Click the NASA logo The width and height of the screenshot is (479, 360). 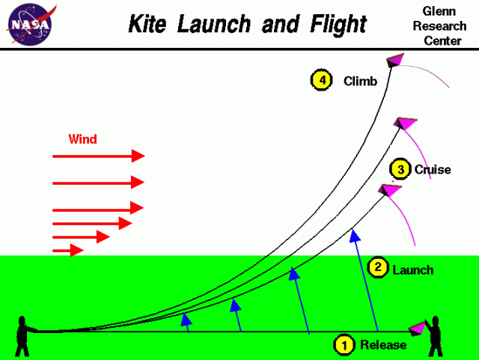29,24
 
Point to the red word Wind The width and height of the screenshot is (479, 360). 82,139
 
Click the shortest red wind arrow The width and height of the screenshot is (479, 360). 67,250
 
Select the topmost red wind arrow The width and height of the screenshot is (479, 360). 97,156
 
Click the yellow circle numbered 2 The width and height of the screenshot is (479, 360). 378,267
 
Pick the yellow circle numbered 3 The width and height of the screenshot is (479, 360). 401,170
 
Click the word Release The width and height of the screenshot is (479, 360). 383,345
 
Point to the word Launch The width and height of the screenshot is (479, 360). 412,269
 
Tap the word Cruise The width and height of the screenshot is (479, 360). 433,170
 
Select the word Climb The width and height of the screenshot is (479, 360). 360,80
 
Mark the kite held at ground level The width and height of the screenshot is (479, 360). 418,329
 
